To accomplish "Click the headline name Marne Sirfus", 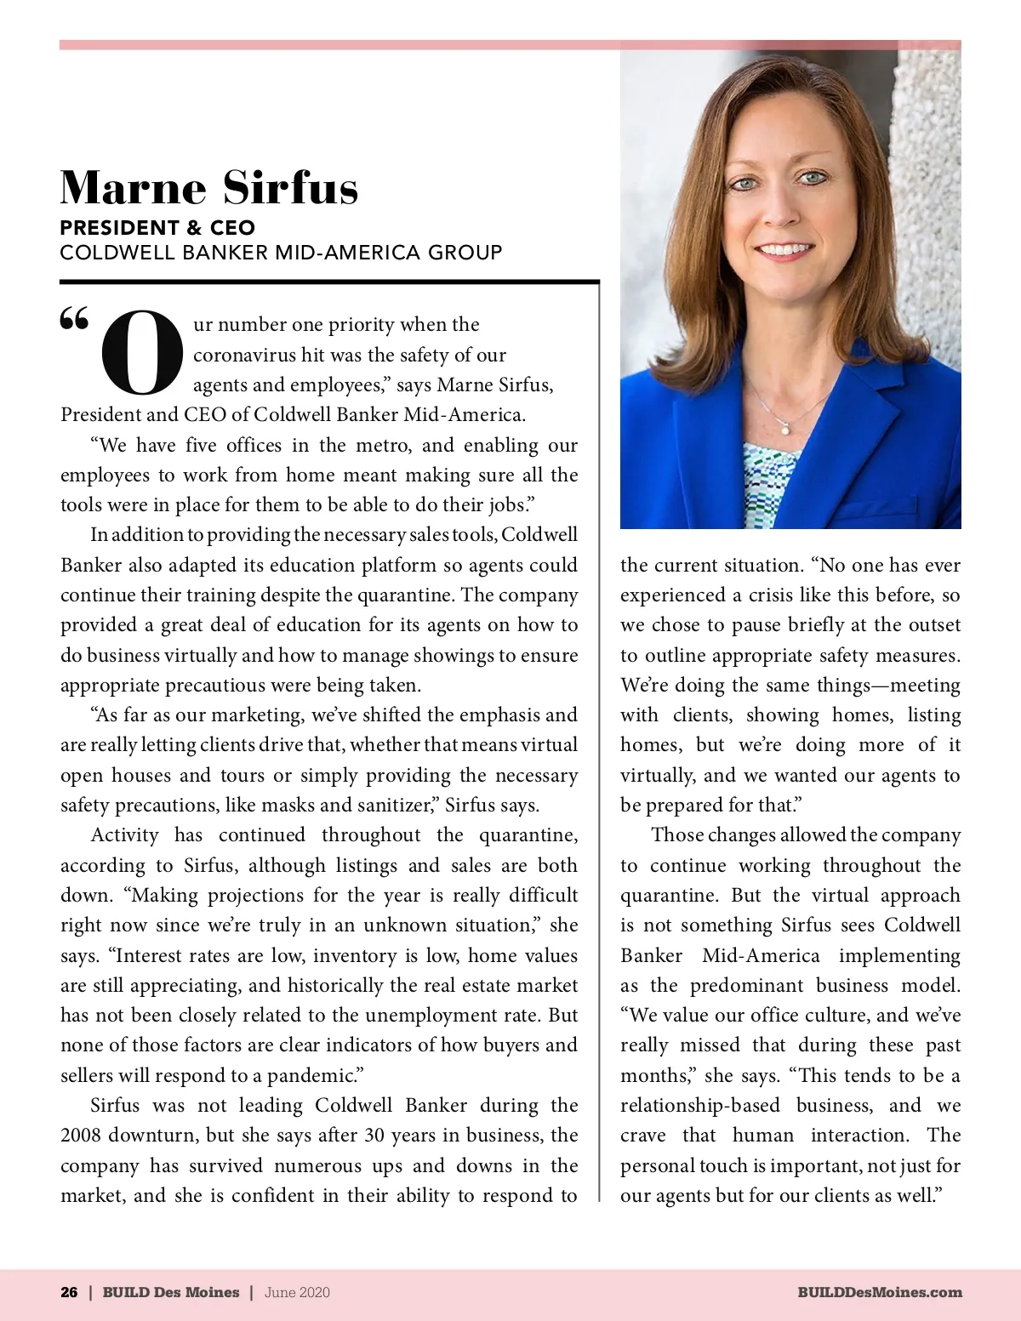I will [209, 187].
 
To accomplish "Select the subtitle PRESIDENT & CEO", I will [157, 228].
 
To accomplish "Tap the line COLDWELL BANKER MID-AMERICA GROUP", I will [281, 253].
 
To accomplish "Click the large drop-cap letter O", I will [142, 353].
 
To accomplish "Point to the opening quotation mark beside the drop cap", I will [74, 319].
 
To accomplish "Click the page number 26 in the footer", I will [69, 1292].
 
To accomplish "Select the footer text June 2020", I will [297, 1292].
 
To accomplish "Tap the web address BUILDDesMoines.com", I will [880, 1292].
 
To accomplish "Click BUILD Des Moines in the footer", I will [171, 1292].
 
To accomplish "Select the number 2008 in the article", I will [82, 1136].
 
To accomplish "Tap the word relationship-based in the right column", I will [699, 1106].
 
